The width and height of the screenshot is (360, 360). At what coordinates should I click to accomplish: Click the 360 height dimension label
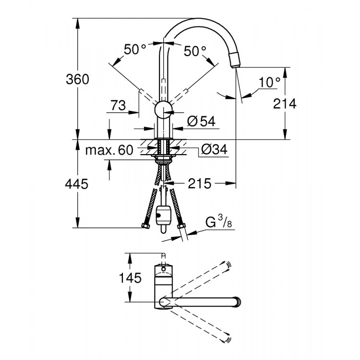(77, 79)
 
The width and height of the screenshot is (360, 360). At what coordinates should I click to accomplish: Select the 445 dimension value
(77, 183)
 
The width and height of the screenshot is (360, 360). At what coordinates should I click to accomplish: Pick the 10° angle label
(269, 83)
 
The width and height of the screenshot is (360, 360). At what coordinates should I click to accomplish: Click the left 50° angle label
(135, 49)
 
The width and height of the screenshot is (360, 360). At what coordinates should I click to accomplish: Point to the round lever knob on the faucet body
(164, 110)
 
